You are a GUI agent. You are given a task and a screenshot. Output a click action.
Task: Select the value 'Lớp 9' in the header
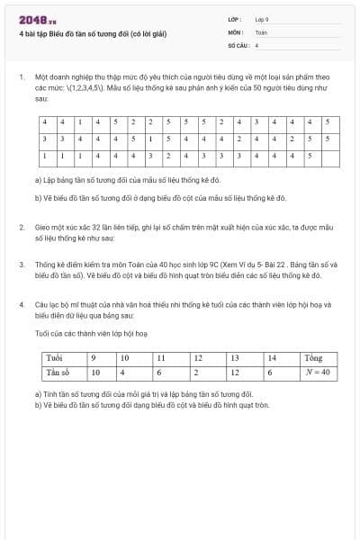(261, 19)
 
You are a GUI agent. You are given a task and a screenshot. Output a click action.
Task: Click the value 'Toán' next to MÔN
(261, 31)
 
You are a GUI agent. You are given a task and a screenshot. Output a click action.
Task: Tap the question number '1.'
(21, 77)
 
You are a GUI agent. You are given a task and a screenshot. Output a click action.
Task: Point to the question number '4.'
(21, 305)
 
